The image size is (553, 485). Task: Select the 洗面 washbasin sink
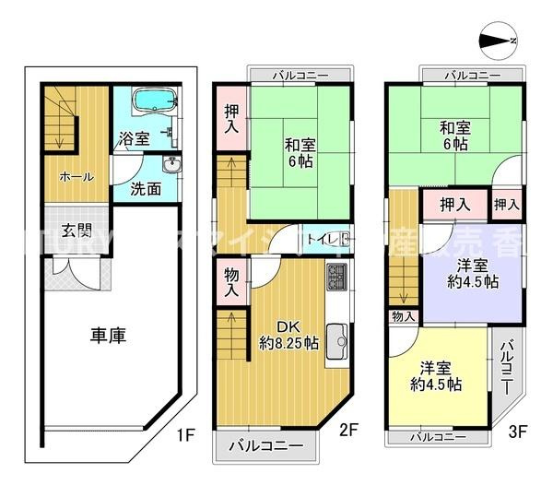tap(172, 166)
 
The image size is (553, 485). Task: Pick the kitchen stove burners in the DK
tap(336, 276)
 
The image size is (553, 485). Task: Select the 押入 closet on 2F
tap(230, 119)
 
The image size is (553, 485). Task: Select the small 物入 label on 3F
tap(403, 316)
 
